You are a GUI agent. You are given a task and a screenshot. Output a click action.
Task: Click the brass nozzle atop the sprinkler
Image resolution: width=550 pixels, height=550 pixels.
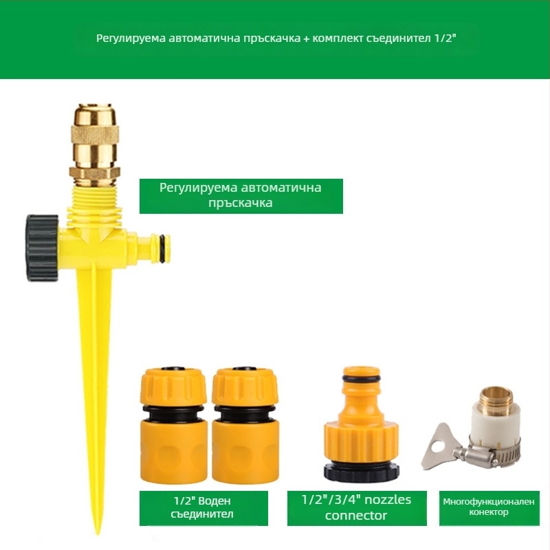click(94, 144)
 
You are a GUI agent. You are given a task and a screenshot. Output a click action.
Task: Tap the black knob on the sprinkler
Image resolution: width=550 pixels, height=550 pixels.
click(42, 248)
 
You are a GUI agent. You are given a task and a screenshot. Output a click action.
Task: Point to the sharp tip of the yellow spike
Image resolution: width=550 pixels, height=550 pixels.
click(98, 533)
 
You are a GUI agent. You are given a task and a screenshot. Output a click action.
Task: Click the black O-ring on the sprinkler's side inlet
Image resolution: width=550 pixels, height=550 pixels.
click(162, 249)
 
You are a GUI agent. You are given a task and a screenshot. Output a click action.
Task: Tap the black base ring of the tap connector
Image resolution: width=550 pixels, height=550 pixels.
click(362, 472)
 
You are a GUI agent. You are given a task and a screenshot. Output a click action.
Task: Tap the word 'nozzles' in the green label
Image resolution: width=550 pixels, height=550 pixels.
click(387, 500)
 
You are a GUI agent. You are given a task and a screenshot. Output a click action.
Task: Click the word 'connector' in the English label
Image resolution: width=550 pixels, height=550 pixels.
click(355, 515)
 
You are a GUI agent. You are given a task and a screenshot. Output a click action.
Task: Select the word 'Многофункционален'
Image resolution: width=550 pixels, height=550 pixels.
click(489, 502)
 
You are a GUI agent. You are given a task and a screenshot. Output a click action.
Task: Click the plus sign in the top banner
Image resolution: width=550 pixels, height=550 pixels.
click(306, 38)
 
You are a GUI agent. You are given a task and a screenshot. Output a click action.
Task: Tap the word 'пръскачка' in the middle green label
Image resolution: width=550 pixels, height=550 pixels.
click(240, 203)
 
